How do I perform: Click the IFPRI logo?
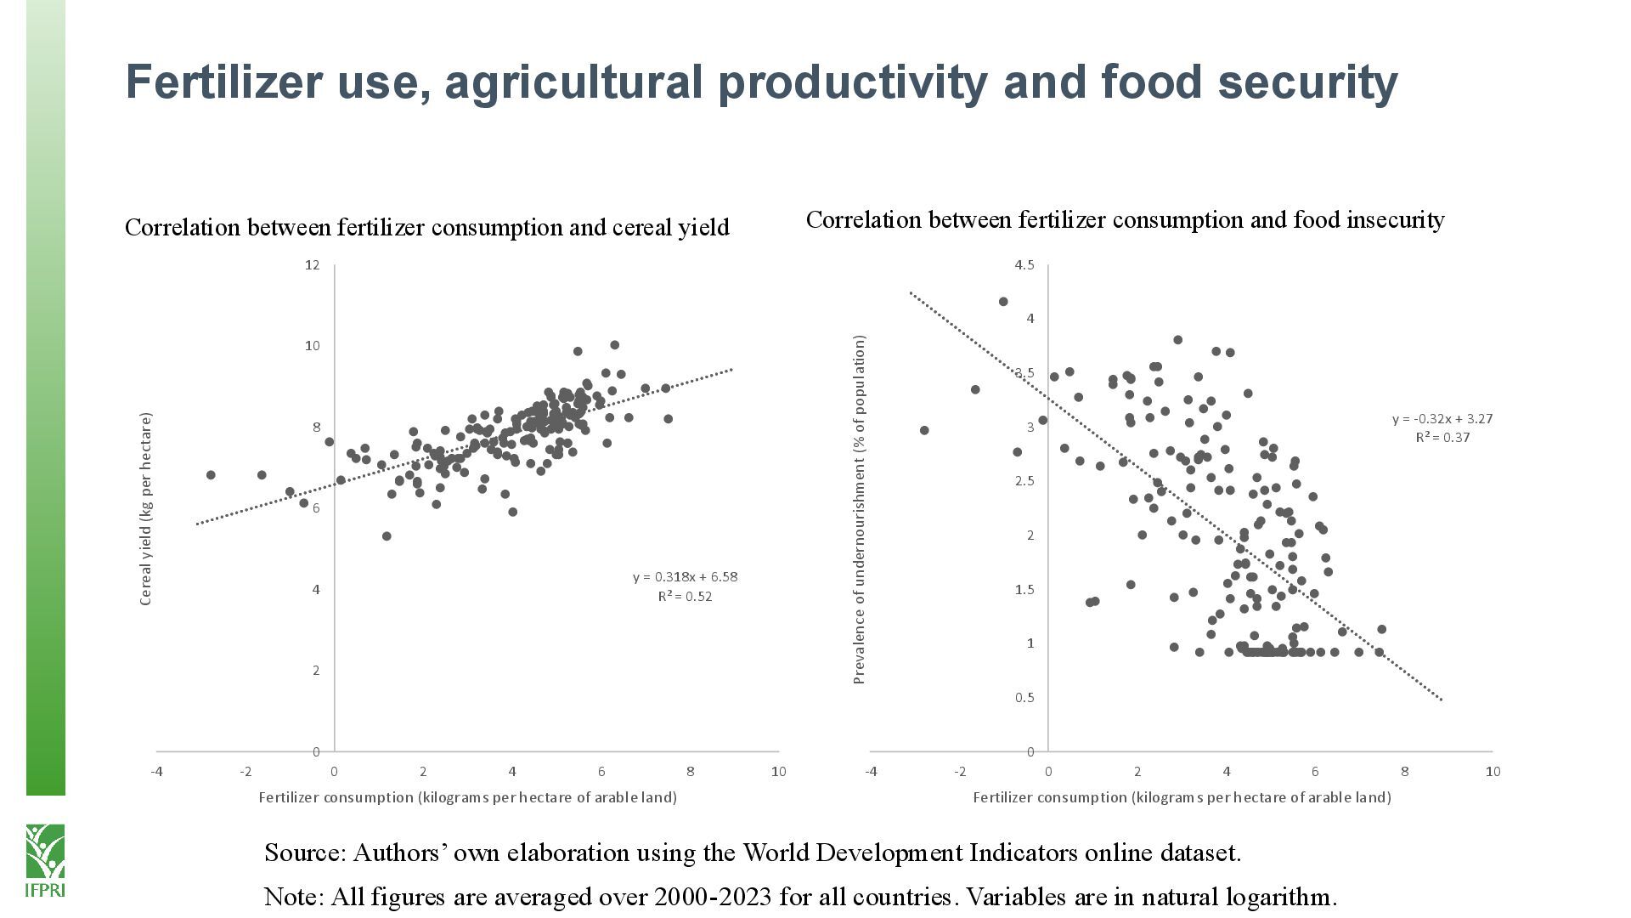pyautogui.click(x=45, y=859)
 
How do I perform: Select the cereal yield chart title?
pyautogui.click(x=426, y=228)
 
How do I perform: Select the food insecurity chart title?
pyautogui.click(x=1125, y=220)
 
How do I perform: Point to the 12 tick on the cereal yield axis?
pyautogui.click(x=312, y=265)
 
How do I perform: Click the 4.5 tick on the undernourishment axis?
pyautogui.click(x=1024, y=265)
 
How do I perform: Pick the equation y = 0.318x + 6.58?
pyautogui.click(x=685, y=577)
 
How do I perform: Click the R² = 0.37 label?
pyautogui.click(x=1442, y=438)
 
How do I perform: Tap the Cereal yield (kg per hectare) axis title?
pyautogui.click(x=145, y=508)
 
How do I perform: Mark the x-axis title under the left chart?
pyautogui.click(x=467, y=797)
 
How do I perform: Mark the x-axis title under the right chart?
pyautogui.click(x=1182, y=797)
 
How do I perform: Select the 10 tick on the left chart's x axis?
pyautogui.click(x=778, y=772)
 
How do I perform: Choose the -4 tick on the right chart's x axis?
pyautogui.click(x=871, y=772)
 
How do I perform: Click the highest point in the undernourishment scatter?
pyautogui.click(x=1003, y=302)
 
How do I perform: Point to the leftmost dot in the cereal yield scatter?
pyautogui.click(x=211, y=475)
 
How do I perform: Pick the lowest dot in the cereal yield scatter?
pyautogui.click(x=387, y=536)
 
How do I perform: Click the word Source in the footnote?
pyautogui.click(x=304, y=853)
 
